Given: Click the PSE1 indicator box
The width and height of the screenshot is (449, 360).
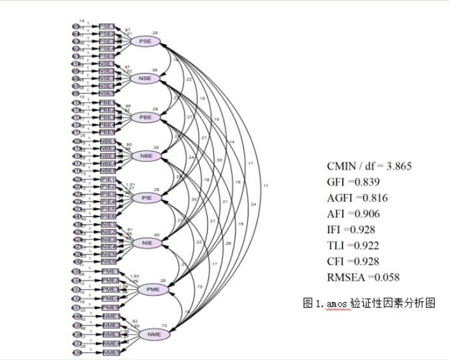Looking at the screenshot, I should [x=106, y=27].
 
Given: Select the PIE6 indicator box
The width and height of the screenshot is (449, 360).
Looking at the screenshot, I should [x=108, y=216].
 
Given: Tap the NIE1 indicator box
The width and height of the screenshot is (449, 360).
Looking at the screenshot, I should [x=108, y=225].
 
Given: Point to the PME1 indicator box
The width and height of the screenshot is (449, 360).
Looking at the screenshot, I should [x=110, y=271].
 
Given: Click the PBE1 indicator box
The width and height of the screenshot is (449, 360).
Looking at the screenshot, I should [x=107, y=103].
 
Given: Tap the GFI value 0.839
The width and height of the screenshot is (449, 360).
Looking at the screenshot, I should [x=365, y=182].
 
